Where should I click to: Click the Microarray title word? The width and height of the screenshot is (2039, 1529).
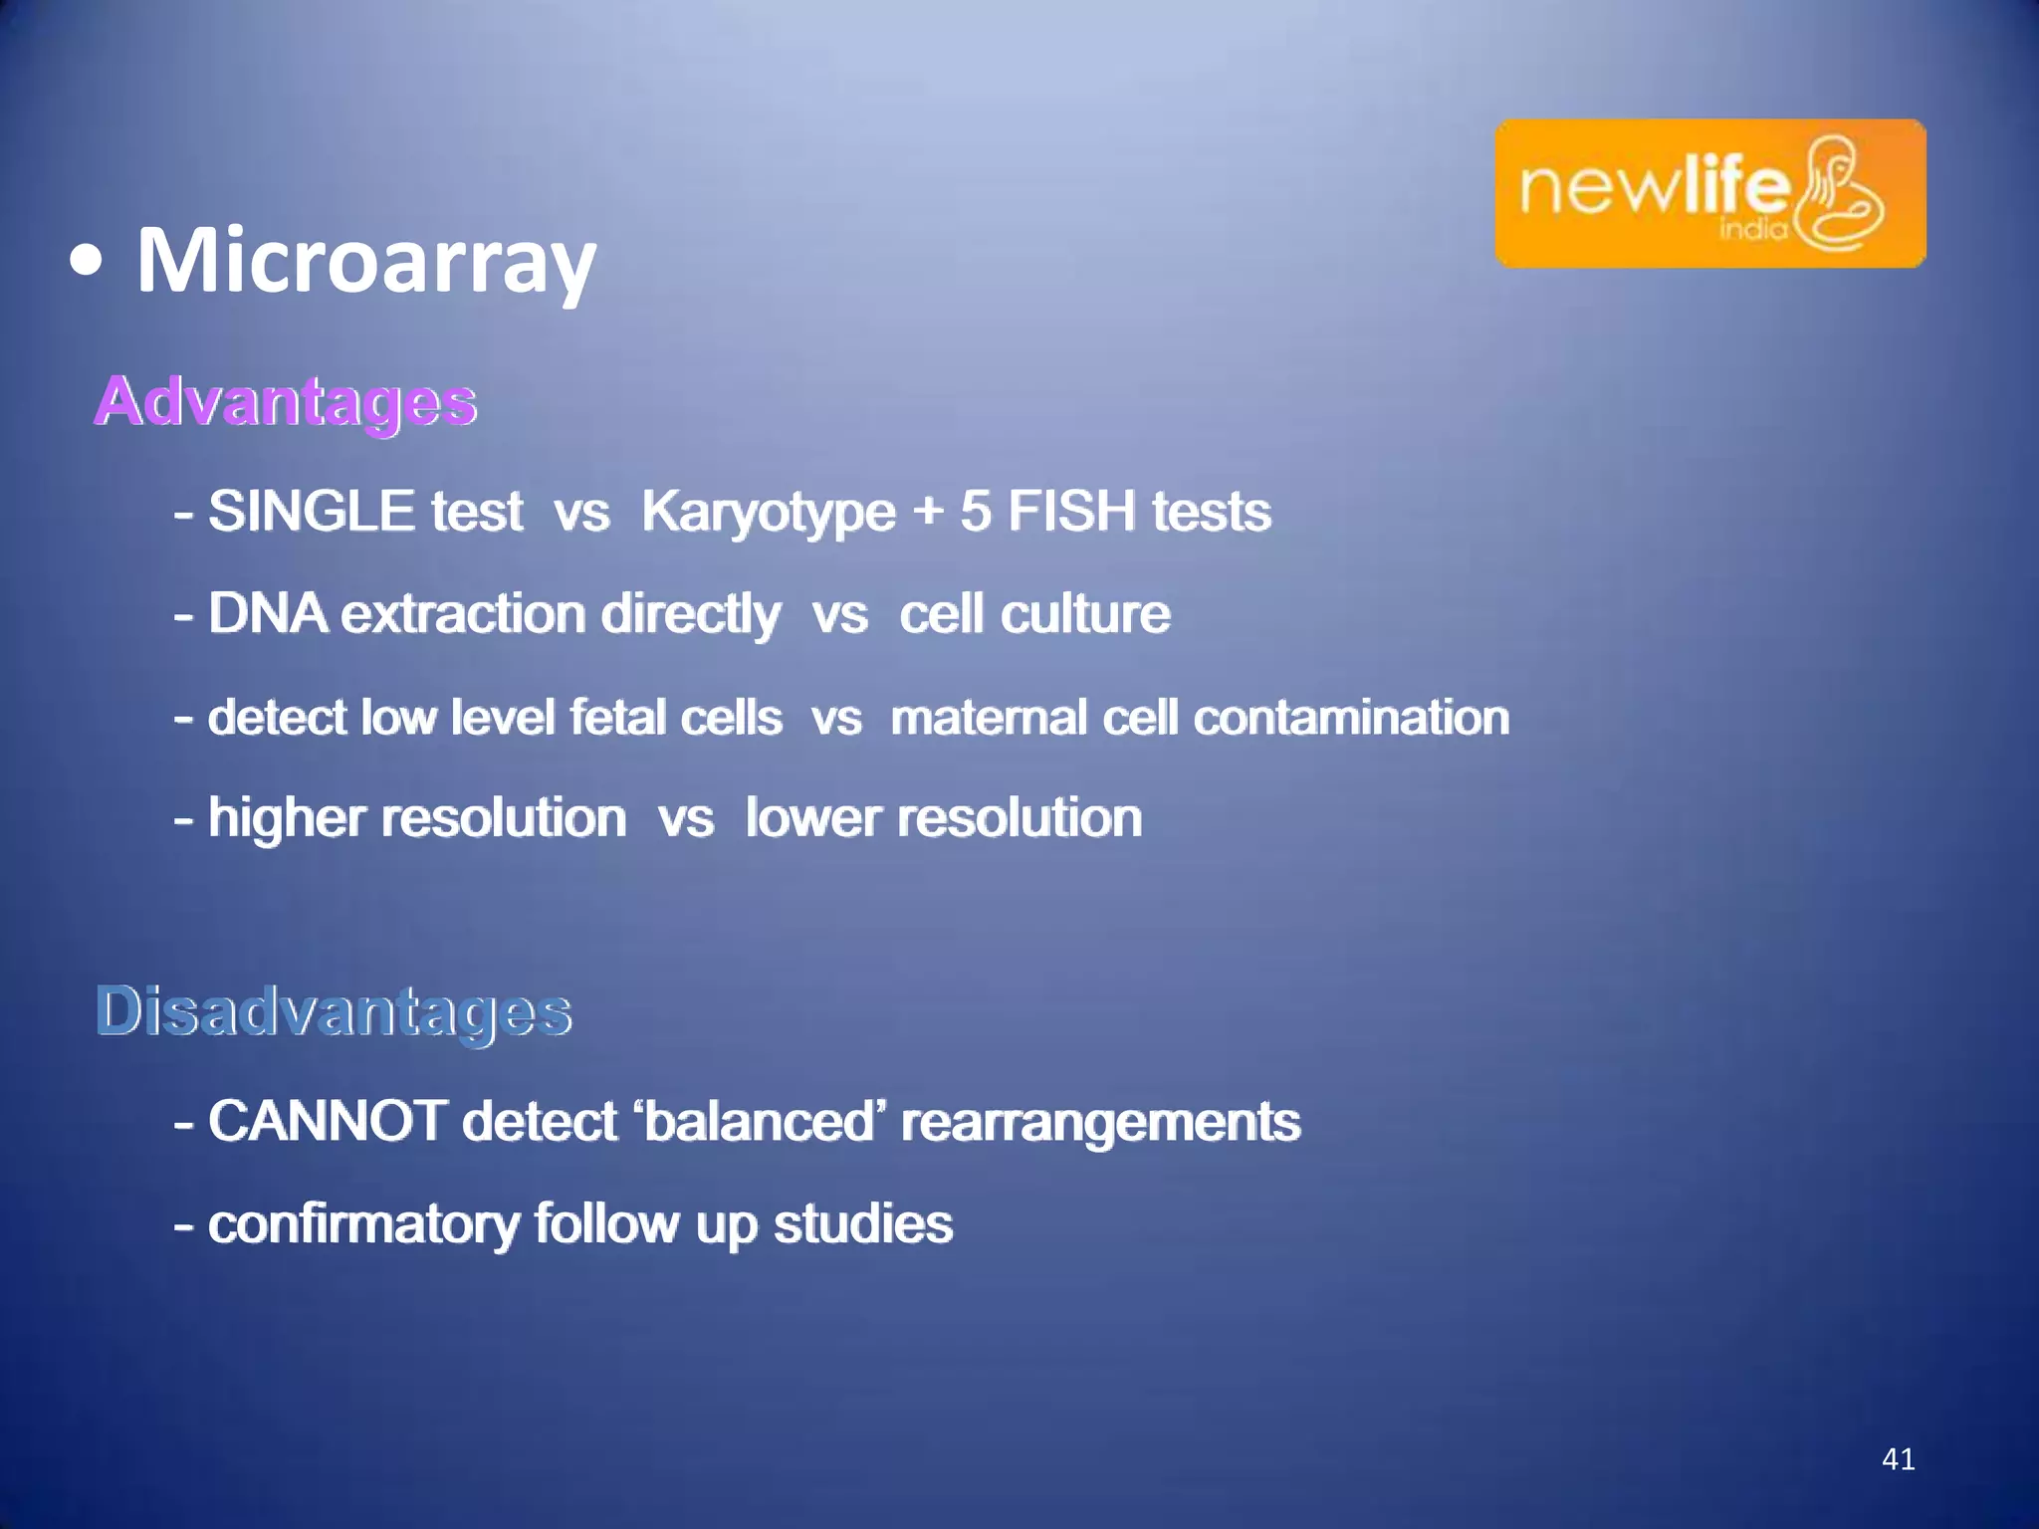[x=365, y=261]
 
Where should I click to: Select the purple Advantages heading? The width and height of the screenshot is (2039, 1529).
[x=286, y=401]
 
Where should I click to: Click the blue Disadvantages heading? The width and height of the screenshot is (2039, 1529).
[x=334, y=1011]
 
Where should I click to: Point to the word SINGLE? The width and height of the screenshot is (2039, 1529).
[x=311, y=511]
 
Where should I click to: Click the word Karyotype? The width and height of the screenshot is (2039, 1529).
[x=768, y=513]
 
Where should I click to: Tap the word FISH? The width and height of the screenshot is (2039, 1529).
[x=1071, y=511]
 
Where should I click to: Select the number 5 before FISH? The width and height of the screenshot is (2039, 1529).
[x=975, y=511]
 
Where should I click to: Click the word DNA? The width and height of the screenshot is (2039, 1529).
[x=267, y=613]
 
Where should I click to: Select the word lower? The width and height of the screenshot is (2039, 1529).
[x=813, y=818]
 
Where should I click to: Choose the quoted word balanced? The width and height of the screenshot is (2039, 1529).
[x=759, y=1121]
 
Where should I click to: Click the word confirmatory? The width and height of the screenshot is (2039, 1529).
[x=363, y=1223]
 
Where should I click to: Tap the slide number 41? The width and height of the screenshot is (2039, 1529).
[x=1898, y=1459]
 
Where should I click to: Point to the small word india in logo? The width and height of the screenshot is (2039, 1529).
[x=1753, y=230]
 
